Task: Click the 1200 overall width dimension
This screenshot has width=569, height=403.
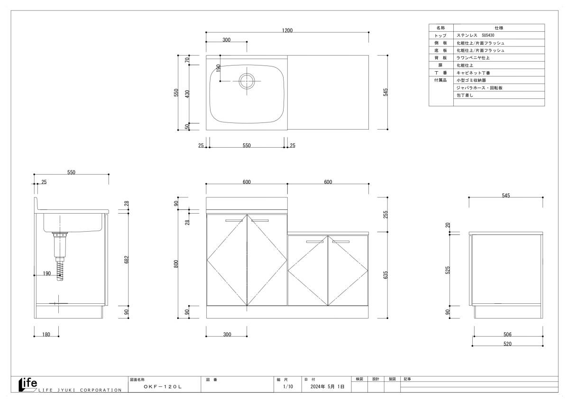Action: (x=287, y=30)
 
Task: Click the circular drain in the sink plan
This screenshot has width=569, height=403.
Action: (x=247, y=81)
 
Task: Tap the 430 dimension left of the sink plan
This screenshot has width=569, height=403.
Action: (x=187, y=94)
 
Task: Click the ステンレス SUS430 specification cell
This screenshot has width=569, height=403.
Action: (x=475, y=36)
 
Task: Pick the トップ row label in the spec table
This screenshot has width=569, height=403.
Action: (x=441, y=36)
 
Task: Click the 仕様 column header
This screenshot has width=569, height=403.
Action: (x=498, y=28)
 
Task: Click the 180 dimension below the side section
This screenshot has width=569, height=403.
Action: (x=46, y=335)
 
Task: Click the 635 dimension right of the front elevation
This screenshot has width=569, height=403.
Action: (x=386, y=275)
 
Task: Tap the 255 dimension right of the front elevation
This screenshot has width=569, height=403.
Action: (x=386, y=214)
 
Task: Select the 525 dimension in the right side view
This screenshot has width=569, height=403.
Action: (x=449, y=270)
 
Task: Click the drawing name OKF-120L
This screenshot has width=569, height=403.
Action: (x=163, y=387)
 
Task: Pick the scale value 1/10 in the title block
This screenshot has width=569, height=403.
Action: (x=287, y=387)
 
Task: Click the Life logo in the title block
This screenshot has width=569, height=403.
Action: (x=28, y=384)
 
